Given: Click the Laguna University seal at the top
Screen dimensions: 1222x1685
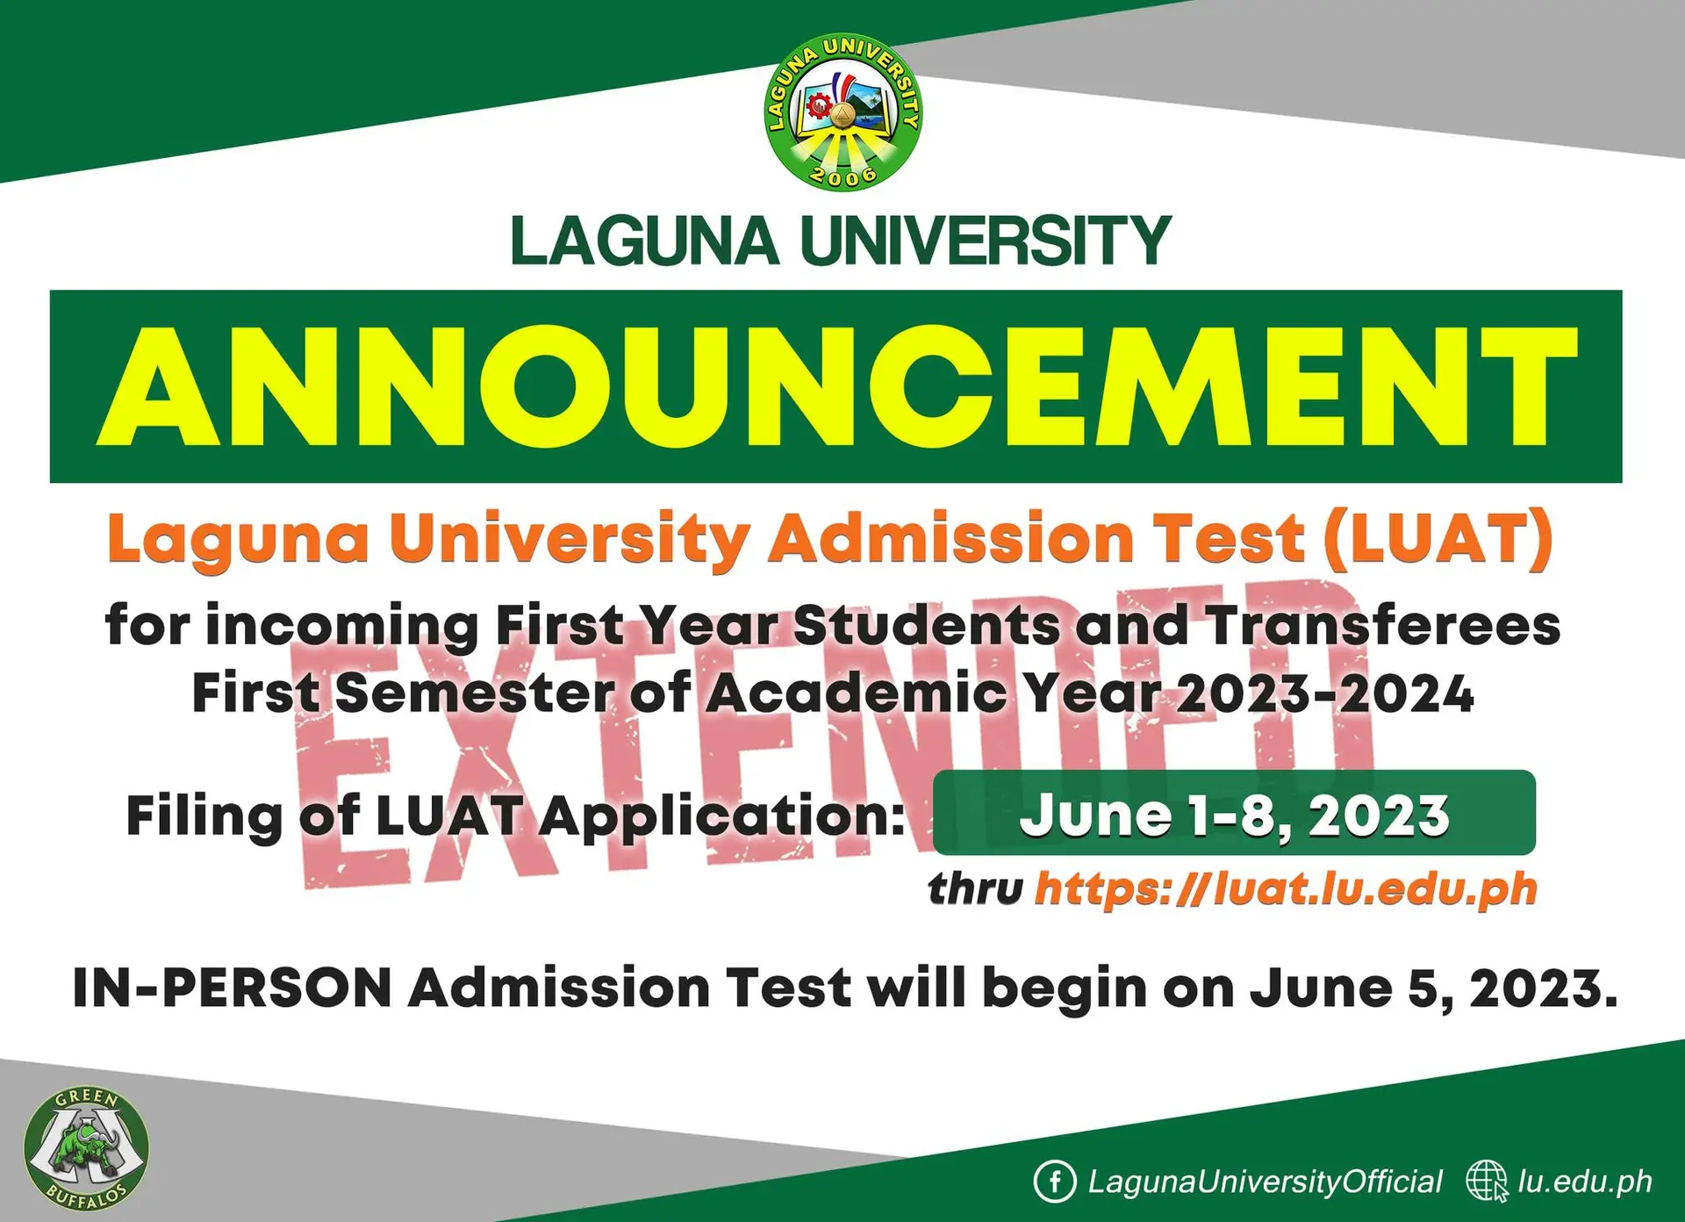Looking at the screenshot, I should (842, 111).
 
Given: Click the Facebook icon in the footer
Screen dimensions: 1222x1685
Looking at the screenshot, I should (1054, 1181).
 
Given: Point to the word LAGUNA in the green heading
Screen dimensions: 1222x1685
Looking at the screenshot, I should (644, 241).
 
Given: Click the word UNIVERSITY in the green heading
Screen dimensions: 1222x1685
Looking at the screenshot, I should (986, 241).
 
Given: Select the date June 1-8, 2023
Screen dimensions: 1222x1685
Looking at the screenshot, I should (1234, 815).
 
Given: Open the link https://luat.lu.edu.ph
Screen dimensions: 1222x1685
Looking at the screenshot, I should (1286, 889).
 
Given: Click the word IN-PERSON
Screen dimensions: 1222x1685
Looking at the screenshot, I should (232, 988).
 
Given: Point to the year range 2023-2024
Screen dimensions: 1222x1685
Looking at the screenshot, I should (1324, 694).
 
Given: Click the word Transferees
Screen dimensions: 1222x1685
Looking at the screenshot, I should (1382, 626).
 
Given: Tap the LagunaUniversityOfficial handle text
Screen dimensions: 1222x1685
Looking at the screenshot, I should (1265, 1182).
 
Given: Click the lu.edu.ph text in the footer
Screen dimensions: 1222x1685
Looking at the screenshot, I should (1585, 1182).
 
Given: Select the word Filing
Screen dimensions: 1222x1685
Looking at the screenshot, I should (204, 816).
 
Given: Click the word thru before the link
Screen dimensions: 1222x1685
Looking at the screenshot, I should (975, 889).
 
